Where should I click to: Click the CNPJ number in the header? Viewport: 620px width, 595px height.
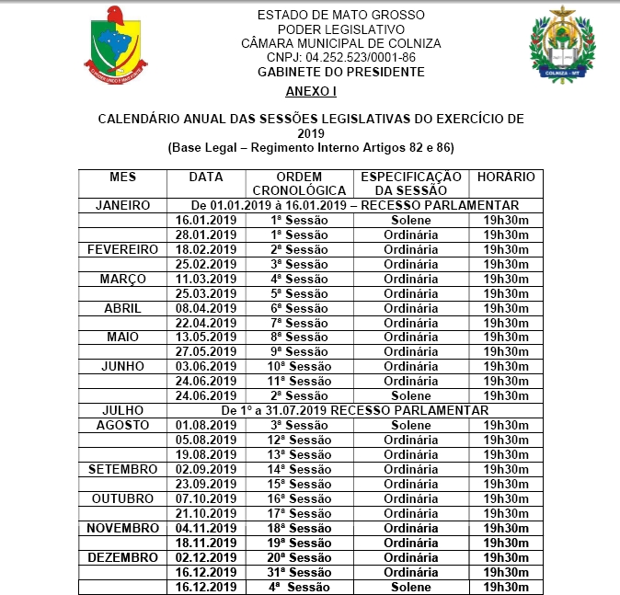click(x=341, y=57)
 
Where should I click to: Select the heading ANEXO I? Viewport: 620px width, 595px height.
click(x=311, y=92)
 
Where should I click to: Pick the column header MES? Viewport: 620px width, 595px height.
click(x=122, y=177)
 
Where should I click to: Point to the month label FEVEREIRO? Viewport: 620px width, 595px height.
click(x=122, y=249)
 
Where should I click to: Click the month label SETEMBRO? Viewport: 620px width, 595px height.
click(x=122, y=469)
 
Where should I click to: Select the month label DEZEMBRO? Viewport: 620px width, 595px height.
click(x=122, y=557)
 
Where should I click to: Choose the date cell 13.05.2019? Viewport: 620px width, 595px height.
click(x=205, y=337)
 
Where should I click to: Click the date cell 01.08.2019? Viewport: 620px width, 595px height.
click(x=205, y=425)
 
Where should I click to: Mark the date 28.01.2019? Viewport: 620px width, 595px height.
click(x=205, y=235)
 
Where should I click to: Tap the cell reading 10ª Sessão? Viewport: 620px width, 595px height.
click(x=300, y=366)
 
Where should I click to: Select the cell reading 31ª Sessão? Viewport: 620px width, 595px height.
click(x=300, y=572)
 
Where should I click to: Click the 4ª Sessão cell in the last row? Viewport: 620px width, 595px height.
click(x=300, y=587)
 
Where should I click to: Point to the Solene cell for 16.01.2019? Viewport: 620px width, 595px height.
click(x=410, y=220)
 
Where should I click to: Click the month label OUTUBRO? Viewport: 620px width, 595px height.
click(x=122, y=498)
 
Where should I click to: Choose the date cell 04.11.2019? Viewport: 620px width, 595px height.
click(x=205, y=528)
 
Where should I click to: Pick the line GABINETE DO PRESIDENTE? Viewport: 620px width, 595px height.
click(x=341, y=71)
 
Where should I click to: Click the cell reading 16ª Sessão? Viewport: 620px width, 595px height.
click(x=300, y=498)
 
